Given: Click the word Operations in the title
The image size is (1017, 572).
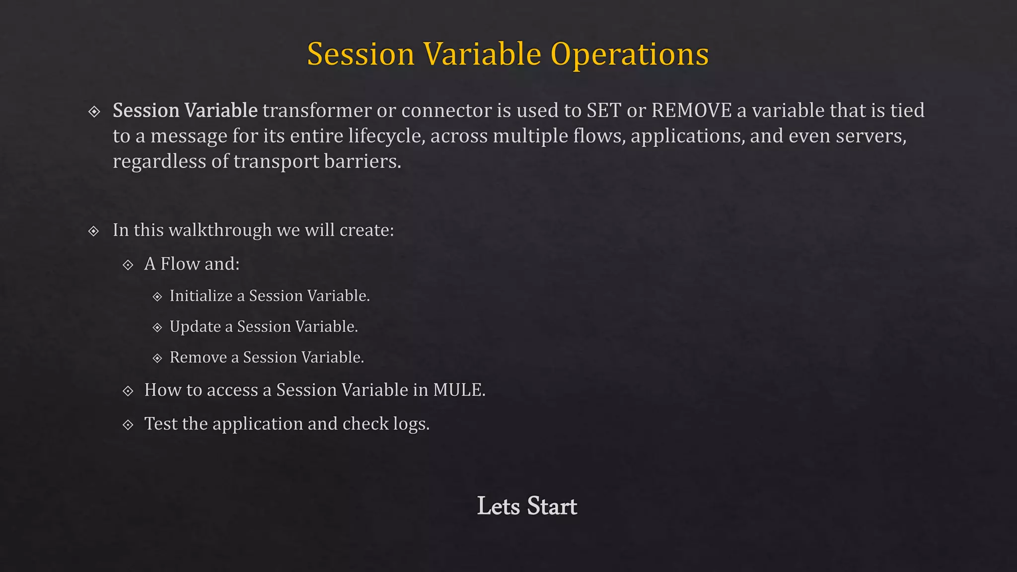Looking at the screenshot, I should coord(629,55).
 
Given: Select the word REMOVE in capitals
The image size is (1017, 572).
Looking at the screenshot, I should coord(691,110).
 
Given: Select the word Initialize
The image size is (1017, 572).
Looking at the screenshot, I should coord(201,296).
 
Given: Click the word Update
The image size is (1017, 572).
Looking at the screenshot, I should coord(195,327).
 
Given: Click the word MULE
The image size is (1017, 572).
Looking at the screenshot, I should coord(459,390).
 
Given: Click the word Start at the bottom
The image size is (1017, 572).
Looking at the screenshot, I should coord(552,506).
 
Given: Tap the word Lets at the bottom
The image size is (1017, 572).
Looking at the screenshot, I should coord(498,506).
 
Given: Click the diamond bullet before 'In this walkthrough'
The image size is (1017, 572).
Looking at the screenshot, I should coord(93,231).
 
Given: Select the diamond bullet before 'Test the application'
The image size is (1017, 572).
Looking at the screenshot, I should coord(128,425).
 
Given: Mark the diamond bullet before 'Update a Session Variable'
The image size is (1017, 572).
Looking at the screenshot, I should coord(157,327).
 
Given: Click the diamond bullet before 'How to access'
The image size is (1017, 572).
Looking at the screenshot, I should coord(128,391).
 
